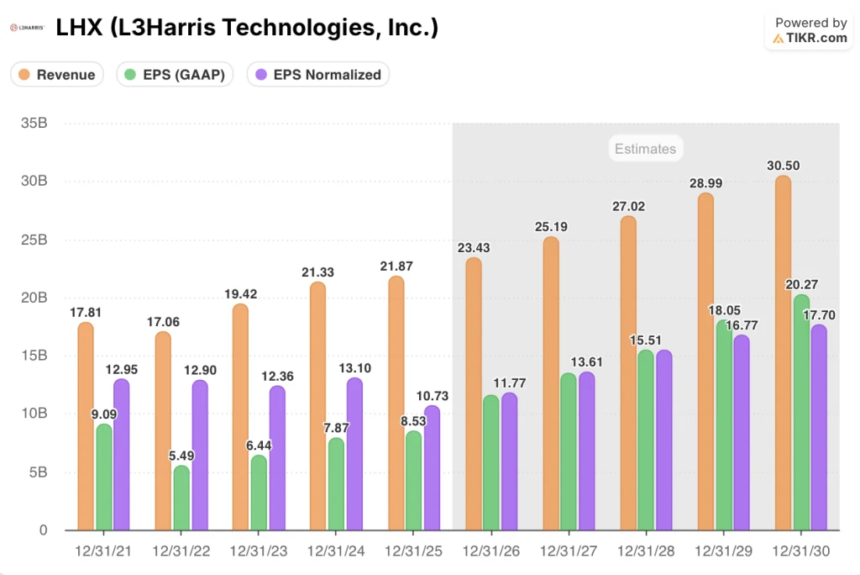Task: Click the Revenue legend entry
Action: tap(57, 74)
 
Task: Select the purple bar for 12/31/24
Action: tap(354, 455)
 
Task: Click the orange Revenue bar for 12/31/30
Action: tap(782, 353)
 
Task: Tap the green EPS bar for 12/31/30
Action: tap(800, 413)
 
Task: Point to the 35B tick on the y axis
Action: tap(33, 124)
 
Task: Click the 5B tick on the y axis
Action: tap(37, 472)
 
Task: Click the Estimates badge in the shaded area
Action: tap(644, 149)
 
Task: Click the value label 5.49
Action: tap(181, 455)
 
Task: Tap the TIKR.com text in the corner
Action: tap(817, 38)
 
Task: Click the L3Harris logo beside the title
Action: tap(26, 29)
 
